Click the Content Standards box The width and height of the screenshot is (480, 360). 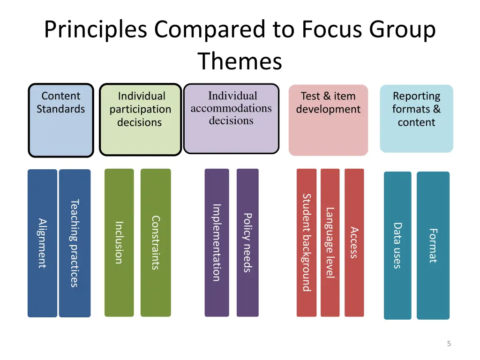point(61,120)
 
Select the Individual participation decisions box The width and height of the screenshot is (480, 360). point(140,120)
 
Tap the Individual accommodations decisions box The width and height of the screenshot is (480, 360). point(231,119)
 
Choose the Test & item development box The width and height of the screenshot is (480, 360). point(328,120)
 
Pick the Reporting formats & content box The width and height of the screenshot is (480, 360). point(416,118)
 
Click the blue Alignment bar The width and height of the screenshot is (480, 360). point(42,243)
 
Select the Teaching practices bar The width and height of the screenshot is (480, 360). point(75,243)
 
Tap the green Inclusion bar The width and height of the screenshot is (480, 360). point(119,242)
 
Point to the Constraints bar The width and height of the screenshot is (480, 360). point(156,242)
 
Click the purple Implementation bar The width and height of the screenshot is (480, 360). point(217,242)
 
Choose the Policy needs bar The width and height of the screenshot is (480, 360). point(247,242)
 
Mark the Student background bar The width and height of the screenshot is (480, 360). point(307,242)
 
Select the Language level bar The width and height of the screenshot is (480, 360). point(330,242)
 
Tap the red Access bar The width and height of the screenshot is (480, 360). point(354,242)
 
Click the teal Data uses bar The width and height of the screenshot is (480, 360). point(397,245)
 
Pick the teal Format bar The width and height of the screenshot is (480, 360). point(433,245)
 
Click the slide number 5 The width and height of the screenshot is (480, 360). point(449,344)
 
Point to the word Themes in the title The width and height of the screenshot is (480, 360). point(240,61)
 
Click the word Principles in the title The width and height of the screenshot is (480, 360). point(97,30)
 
